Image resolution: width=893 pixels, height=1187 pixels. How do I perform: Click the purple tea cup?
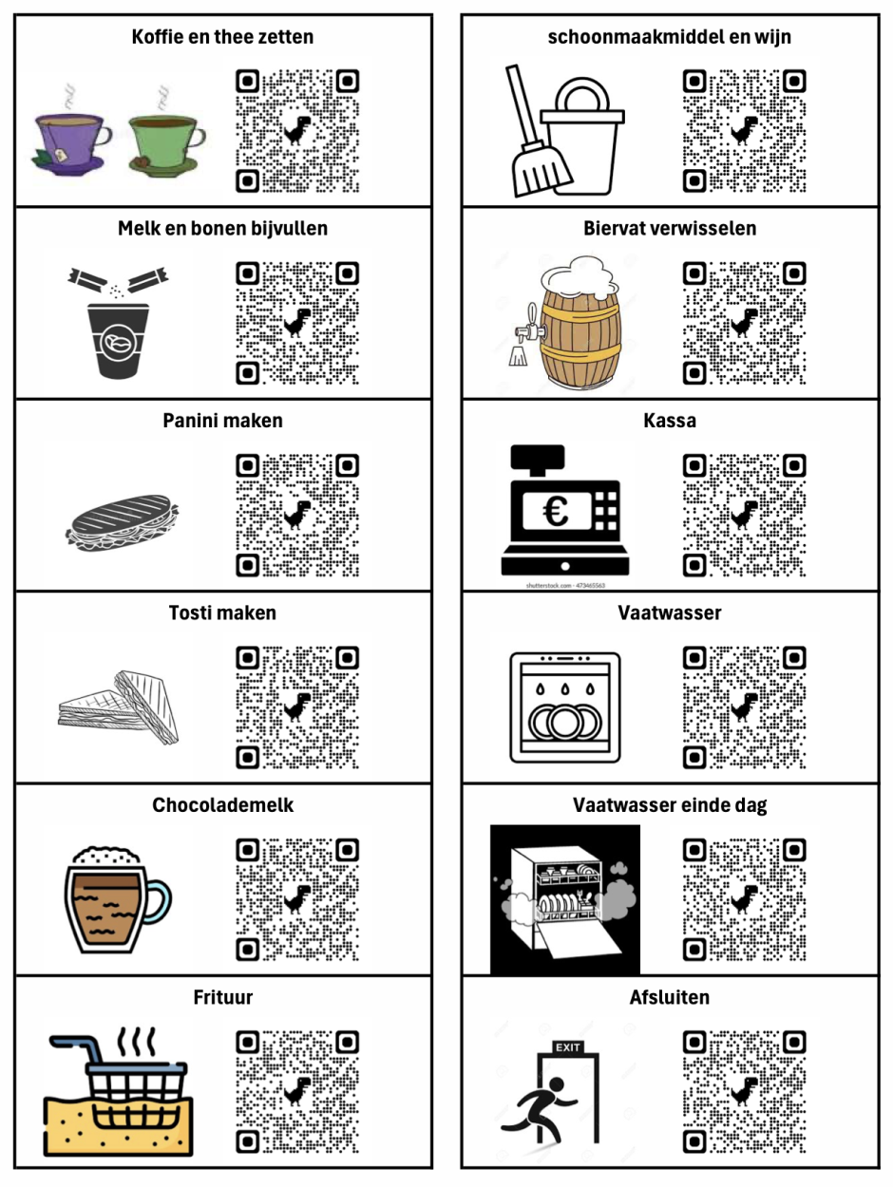[71, 143]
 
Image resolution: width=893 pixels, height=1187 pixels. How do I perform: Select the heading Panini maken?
[222, 420]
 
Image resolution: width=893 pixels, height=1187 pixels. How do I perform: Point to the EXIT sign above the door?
[567, 1047]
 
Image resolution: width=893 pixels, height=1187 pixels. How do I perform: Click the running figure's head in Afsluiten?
[556, 1084]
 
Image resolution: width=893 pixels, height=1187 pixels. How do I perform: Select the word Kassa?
[670, 420]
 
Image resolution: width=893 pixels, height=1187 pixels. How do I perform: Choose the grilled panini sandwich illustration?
[123, 522]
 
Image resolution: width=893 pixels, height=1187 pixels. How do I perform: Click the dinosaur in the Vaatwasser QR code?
[744, 707]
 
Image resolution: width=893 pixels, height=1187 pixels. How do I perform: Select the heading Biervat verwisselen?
[670, 228]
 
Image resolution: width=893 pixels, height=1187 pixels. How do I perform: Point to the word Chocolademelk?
[222, 804]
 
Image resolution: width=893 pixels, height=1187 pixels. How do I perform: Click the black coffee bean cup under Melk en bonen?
[119, 341]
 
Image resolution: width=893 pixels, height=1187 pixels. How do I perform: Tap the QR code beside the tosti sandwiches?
[297, 707]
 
